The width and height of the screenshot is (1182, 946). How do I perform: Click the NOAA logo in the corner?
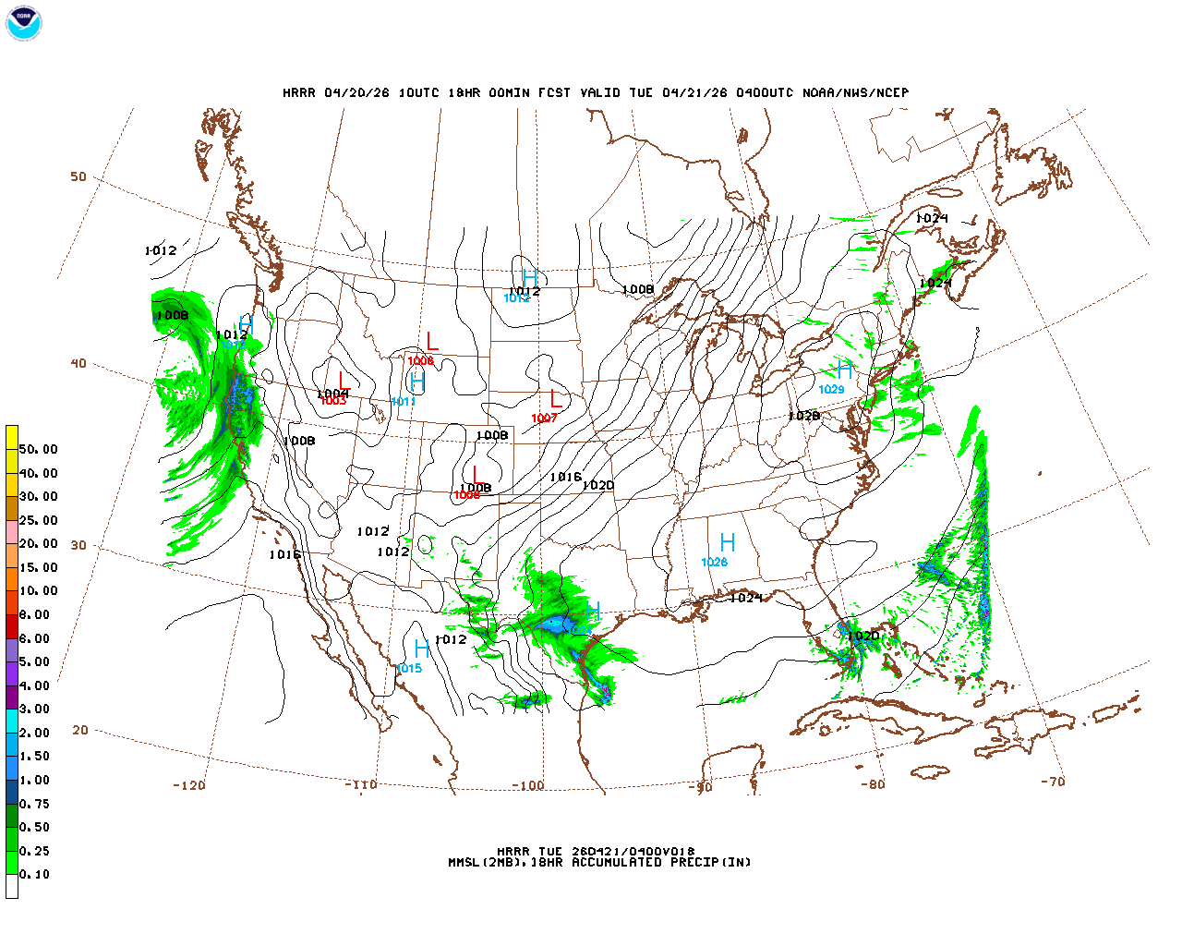point(24,24)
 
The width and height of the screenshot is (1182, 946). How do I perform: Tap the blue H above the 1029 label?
point(844,370)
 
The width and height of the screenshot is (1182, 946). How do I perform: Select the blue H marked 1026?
point(728,542)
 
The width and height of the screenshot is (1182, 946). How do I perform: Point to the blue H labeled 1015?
point(421,649)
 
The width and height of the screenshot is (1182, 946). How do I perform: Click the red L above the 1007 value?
point(555,399)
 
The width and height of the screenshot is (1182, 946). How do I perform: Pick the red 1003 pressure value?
point(332,401)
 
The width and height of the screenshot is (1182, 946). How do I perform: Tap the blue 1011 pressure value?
point(404,402)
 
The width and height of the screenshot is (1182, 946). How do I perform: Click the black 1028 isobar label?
point(803,416)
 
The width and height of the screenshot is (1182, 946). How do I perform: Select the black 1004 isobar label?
point(332,394)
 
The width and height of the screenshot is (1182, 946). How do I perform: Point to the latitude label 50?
point(78,176)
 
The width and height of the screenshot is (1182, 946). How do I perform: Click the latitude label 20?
point(80,730)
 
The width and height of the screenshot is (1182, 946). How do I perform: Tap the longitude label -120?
point(188,785)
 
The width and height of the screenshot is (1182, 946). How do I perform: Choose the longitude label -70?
point(1052,782)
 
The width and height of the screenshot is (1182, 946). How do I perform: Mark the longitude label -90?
point(701,788)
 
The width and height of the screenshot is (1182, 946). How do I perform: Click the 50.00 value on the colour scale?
point(38,449)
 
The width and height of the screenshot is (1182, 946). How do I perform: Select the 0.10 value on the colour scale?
point(34,874)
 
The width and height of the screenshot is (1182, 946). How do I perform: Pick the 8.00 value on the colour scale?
point(34,614)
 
